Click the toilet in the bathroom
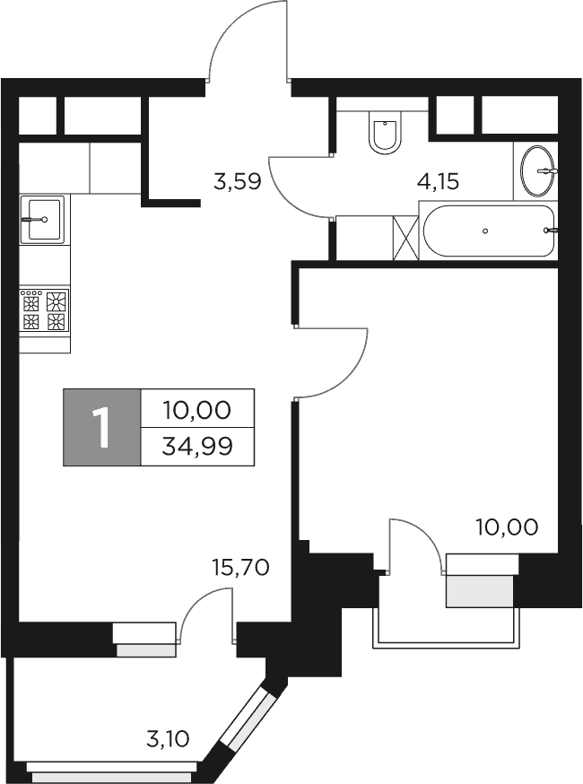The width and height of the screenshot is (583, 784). pos(386,134)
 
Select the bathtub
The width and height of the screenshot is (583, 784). pos(488,231)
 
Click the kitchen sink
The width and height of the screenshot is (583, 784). pos(44,218)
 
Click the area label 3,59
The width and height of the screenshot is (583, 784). pos(237,182)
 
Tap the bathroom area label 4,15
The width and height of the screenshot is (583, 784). pos(438,182)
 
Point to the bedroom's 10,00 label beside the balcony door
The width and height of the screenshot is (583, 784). pos(507,527)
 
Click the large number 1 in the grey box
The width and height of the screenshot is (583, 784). pos(102,427)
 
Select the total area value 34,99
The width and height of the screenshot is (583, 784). pos(197,446)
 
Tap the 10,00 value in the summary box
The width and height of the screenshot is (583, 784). pos(197,411)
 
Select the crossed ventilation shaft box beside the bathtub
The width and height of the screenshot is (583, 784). pos(406,238)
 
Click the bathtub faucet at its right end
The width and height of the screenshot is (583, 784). pos(551,231)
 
